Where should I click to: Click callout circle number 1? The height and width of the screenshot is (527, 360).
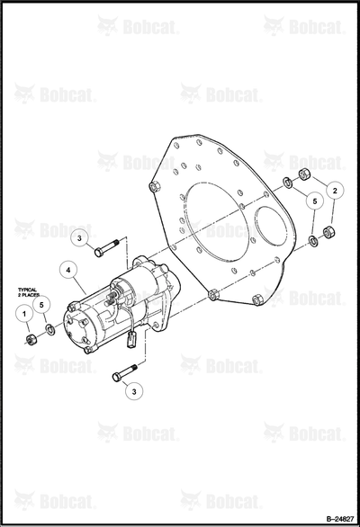pos(24,314)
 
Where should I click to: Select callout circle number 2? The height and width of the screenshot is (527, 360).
pos(335,191)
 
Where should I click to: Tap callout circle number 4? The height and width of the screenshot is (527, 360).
pos(68,271)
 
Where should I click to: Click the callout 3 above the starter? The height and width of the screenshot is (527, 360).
pos(79,238)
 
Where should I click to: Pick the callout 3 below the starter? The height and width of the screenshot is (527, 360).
pos(134,391)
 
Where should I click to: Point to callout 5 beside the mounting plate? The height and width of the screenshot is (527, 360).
pos(315,201)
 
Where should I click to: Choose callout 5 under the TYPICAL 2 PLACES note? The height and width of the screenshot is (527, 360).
pos(41,305)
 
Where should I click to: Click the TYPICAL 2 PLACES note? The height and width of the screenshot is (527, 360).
pos(28,292)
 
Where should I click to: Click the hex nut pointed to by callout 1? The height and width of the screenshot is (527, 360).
pos(31,339)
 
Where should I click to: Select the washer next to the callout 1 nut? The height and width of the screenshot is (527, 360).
pos(50,329)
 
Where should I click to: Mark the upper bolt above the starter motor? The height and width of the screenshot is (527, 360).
pos(107,247)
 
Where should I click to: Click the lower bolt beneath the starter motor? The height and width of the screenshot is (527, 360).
pos(124,372)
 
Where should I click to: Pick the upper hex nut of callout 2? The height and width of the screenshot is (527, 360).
pos(304,174)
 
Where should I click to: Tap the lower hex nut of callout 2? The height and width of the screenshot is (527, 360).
pos(328,232)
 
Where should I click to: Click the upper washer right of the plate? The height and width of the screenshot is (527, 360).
pos(288,182)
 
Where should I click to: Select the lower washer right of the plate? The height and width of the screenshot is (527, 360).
pos(313,241)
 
